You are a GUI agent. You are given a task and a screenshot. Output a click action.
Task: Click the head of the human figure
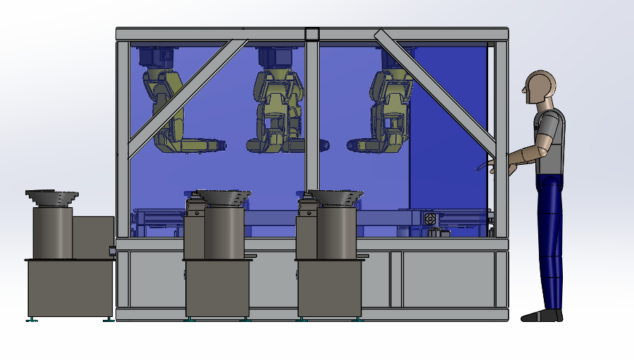540,88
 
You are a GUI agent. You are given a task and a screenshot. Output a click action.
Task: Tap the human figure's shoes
542,316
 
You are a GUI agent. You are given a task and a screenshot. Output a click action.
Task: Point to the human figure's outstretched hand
493,166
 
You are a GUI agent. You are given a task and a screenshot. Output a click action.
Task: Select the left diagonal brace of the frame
187,99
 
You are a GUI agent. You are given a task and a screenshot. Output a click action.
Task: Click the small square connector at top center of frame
311,34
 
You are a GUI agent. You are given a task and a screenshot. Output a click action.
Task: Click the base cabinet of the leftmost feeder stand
70,287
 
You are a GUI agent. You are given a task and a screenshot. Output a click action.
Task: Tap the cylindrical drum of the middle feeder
223,232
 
